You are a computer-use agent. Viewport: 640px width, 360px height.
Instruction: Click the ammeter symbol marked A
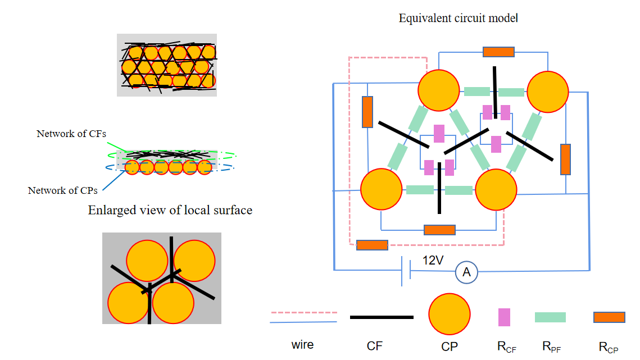coord(466,272)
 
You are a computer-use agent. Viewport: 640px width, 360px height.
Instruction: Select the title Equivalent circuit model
coord(458,18)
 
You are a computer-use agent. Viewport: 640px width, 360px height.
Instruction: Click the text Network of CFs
coord(71,134)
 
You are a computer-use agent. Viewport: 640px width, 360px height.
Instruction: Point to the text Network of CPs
coord(62,190)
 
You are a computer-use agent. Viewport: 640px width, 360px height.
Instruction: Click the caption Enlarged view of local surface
coord(170,210)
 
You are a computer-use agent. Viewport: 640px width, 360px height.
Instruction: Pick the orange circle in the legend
coord(450,316)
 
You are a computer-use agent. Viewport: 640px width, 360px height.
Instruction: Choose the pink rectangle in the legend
coord(504,317)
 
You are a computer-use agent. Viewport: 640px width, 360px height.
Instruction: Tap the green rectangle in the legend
coord(550,317)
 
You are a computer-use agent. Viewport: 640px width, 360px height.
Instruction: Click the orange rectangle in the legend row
coord(609,317)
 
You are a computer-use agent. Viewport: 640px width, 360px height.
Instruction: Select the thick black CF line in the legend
coord(382,317)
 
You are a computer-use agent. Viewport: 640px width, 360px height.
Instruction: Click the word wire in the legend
coord(303,344)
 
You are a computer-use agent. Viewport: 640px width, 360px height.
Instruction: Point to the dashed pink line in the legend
coord(303,312)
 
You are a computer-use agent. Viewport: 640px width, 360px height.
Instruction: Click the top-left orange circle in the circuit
coord(439,90)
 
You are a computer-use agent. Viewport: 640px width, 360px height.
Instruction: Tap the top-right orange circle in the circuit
coord(547,90)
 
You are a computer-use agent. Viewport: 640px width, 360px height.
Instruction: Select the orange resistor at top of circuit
coord(498,52)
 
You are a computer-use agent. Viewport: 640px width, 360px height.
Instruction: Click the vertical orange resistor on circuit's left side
coord(367,112)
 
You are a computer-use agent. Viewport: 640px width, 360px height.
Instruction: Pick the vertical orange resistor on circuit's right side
coord(565,160)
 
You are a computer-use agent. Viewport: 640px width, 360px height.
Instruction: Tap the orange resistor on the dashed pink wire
coord(372,245)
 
